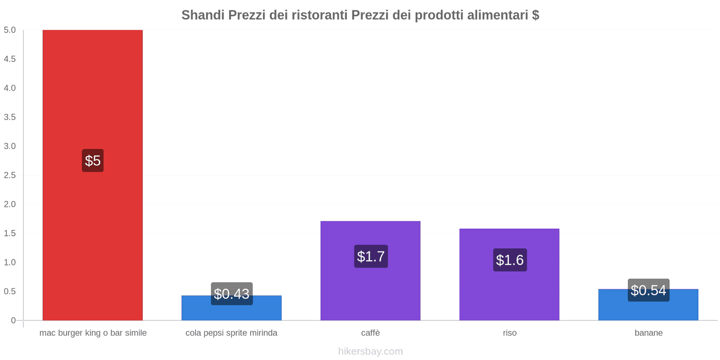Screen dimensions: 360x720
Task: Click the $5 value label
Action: (93, 161)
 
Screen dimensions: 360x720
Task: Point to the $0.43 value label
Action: (231, 293)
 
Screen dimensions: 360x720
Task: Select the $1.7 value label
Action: (371, 256)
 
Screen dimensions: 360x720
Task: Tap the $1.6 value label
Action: (510, 260)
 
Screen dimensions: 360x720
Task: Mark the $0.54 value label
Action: (648, 290)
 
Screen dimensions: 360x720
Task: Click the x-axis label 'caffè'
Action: (370, 333)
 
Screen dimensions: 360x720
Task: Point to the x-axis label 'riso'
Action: (509, 333)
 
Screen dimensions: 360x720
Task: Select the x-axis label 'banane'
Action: (648, 333)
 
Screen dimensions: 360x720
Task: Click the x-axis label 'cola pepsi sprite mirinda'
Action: (231, 333)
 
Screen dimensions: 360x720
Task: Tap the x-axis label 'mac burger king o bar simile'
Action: (93, 333)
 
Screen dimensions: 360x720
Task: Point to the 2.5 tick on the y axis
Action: (10, 175)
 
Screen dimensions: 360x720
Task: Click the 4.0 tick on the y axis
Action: (10, 88)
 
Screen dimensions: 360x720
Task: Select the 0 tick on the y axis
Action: (13, 320)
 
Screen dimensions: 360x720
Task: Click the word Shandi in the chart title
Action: (203, 15)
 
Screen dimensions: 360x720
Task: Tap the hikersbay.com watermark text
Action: (370, 351)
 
